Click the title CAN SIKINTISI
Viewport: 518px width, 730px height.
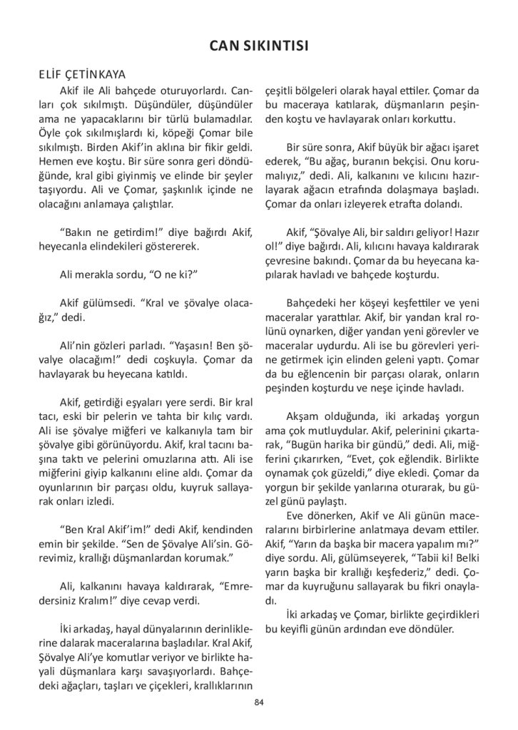(258, 47)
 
